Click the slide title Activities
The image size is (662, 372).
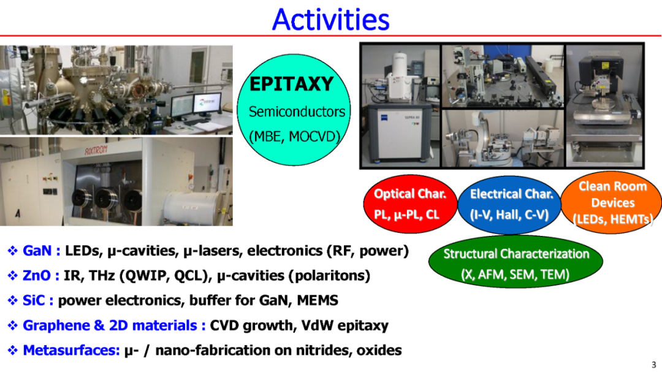(330, 20)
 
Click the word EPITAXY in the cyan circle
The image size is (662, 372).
(292, 83)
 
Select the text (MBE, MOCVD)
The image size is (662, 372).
(294, 137)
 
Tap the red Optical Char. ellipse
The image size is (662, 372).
(410, 204)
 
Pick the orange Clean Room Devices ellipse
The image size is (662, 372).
(612, 202)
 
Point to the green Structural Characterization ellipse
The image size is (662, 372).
(515, 262)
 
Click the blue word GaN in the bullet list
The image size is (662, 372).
(37, 251)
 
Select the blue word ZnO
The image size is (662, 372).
(36, 276)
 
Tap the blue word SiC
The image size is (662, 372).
(34, 301)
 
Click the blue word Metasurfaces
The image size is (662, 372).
(71, 351)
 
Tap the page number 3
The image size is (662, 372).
(654, 365)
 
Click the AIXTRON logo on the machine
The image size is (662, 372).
(96, 150)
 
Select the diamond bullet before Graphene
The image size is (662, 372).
(13, 325)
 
